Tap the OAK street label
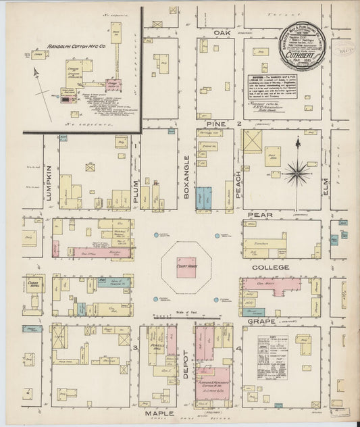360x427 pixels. [x=223, y=32]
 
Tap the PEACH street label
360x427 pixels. [x=238, y=181]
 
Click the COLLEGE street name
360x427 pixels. [x=270, y=268]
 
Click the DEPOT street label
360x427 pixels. [x=186, y=368]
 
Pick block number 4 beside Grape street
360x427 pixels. [x=240, y=348]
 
